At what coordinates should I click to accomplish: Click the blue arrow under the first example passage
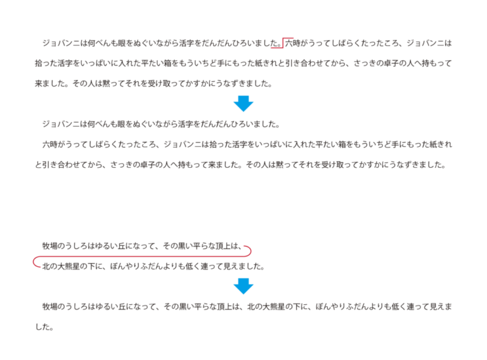click(x=243, y=103)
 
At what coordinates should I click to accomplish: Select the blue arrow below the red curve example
click(x=243, y=286)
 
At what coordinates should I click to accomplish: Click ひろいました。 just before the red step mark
click(x=254, y=44)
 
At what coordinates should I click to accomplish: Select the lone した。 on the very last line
click(x=44, y=328)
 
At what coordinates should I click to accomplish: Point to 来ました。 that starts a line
click(x=50, y=84)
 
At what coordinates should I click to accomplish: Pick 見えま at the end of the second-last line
click(x=440, y=307)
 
